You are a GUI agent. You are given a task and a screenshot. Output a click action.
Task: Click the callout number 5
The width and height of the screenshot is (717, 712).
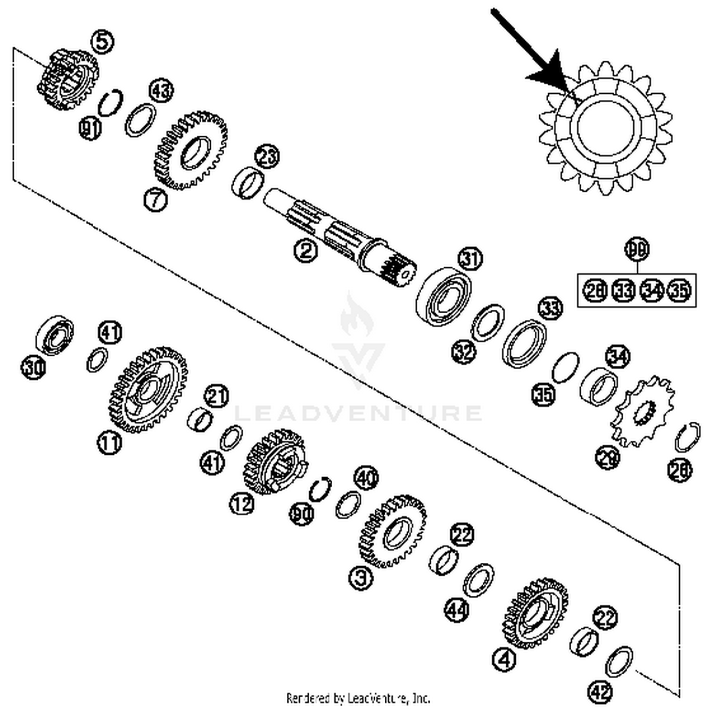pyautogui.click(x=103, y=41)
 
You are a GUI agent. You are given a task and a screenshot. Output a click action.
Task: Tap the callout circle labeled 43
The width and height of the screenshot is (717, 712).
pyautogui.click(x=161, y=90)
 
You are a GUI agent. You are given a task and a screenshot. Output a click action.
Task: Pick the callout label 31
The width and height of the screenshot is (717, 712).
pyautogui.click(x=470, y=259)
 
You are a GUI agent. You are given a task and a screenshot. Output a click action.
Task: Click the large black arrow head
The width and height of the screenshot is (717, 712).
pyautogui.click(x=550, y=72)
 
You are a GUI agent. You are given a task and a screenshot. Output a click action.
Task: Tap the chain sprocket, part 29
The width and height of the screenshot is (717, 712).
pyautogui.click(x=643, y=411)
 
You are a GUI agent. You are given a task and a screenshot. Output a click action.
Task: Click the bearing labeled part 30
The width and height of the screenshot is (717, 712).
pyautogui.click(x=55, y=335)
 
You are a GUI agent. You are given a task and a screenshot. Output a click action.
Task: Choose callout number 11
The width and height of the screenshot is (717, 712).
pyautogui.click(x=109, y=443)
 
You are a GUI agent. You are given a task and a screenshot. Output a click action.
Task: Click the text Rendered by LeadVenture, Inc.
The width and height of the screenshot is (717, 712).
pyautogui.click(x=358, y=698)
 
